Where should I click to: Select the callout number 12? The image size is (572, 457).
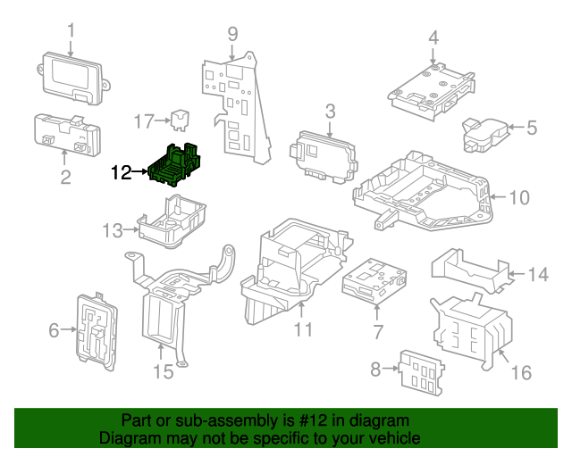[x=121, y=172]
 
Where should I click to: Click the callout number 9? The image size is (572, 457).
[x=232, y=35]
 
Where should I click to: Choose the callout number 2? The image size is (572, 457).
[x=65, y=178]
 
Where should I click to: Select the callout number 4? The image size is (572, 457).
[x=433, y=37]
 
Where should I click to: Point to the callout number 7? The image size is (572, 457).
[x=377, y=332]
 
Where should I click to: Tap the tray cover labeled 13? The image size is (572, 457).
[x=172, y=220]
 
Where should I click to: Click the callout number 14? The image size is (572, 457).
[x=537, y=275]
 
